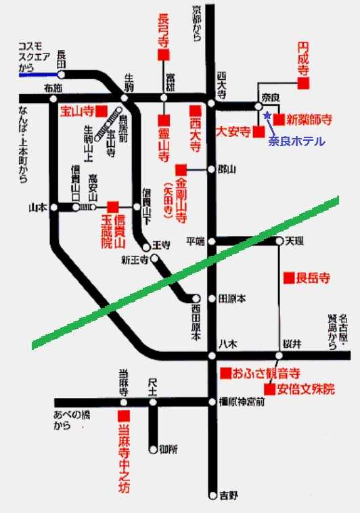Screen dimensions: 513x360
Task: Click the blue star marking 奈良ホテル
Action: click(267, 116)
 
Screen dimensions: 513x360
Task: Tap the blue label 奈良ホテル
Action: click(296, 141)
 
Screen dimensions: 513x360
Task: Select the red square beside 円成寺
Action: click(304, 83)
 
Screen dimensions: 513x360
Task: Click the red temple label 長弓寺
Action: click(164, 31)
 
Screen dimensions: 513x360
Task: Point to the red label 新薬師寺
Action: click(309, 120)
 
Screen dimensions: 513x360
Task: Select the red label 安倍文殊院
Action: click(306, 389)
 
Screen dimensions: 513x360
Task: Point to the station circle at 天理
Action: click(279, 241)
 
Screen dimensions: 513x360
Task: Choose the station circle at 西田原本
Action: click(196, 298)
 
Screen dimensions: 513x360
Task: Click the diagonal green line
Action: click(183, 271)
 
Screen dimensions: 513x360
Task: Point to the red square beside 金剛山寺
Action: click(181, 169)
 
